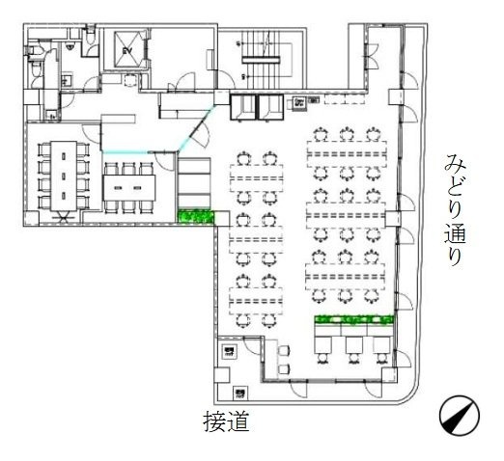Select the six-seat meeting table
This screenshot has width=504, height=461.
(128, 183)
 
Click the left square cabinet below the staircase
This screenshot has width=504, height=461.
(242, 105)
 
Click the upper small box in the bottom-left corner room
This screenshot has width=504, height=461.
(229, 352)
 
